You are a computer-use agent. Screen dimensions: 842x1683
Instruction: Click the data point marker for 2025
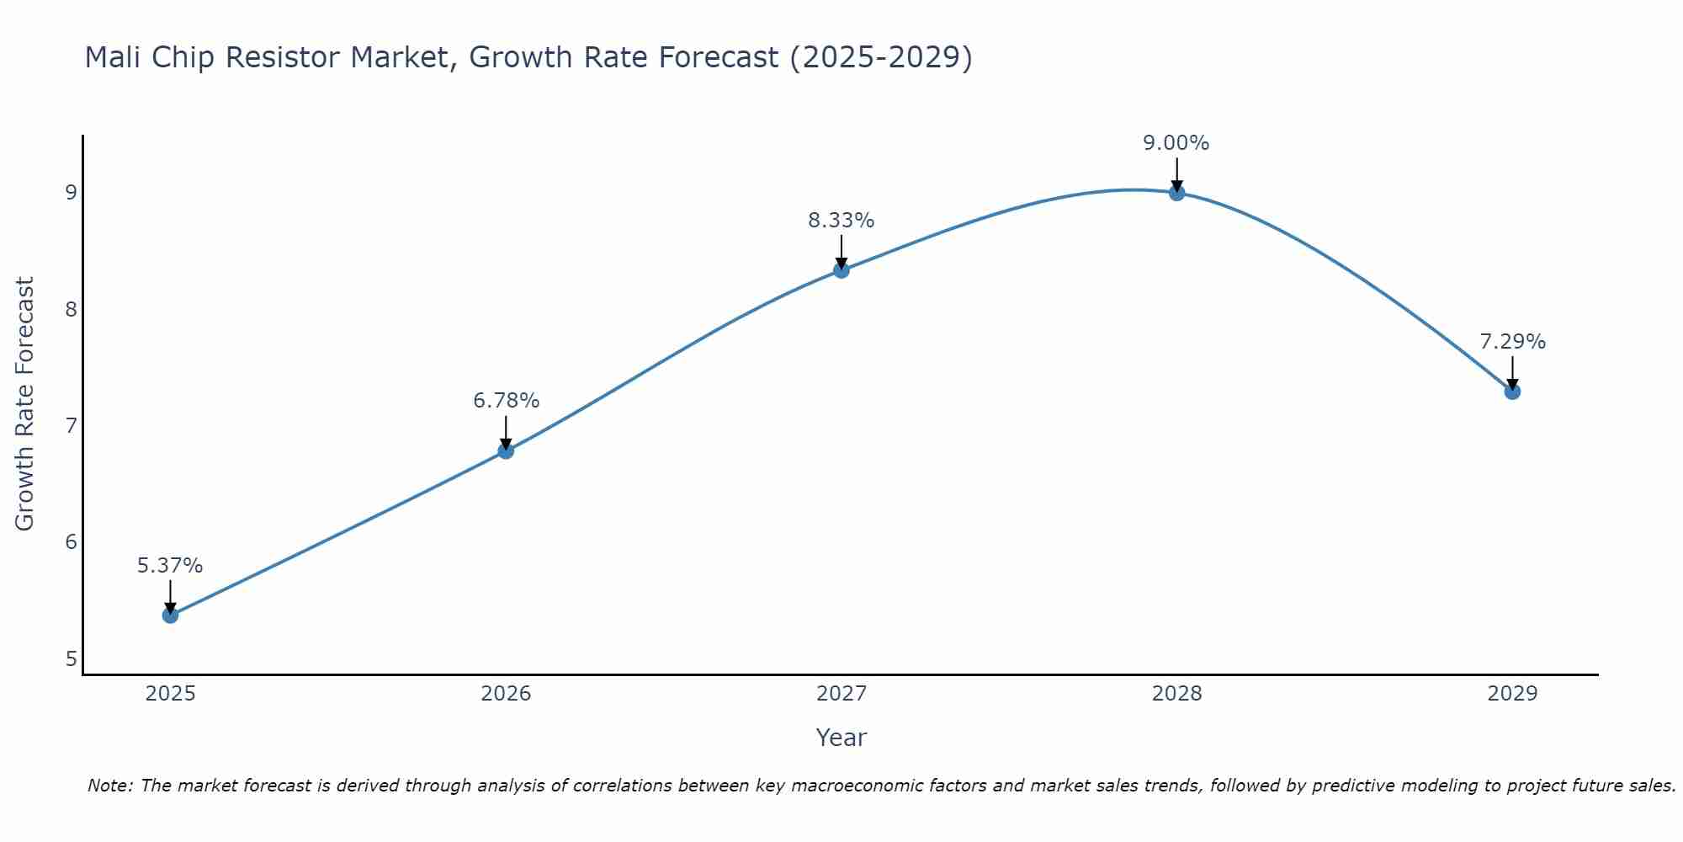(x=170, y=616)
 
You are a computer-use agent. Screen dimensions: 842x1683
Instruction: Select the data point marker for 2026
(x=506, y=451)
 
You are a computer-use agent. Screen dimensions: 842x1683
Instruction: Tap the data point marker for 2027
(x=841, y=270)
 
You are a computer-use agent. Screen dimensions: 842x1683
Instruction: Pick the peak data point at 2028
(x=1176, y=193)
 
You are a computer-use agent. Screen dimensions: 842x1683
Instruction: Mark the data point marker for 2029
(x=1512, y=392)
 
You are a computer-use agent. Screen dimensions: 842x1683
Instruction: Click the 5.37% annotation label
(x=170, y=566)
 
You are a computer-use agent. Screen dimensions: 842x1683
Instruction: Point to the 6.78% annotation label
(x=506, y=401)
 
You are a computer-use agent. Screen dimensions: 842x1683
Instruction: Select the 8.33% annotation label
(x=841, y=221)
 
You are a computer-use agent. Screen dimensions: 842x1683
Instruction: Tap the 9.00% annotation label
(x=1176, y=143)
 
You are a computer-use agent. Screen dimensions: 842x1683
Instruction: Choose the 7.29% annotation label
(x=1512, y=342)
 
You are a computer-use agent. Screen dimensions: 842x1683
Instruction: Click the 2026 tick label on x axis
(x=506, y=694)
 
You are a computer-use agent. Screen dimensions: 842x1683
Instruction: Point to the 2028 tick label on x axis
(x=1176, y=694)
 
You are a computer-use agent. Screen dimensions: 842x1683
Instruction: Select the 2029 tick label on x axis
(x=1512, y=694)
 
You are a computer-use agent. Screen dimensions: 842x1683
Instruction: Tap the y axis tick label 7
(x=71, y=425)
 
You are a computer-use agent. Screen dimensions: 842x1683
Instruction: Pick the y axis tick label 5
(x=71, y=658)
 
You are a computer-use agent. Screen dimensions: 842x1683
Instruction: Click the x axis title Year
(x=841, y=738)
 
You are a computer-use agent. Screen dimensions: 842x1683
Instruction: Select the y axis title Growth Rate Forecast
(x=25, y=404)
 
